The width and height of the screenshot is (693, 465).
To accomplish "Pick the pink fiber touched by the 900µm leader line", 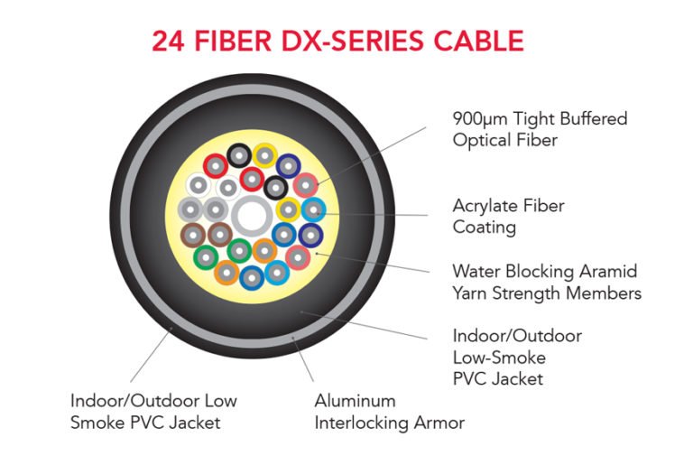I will coord(305,184).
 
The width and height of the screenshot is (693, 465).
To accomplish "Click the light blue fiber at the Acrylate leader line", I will coord(312,211).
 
